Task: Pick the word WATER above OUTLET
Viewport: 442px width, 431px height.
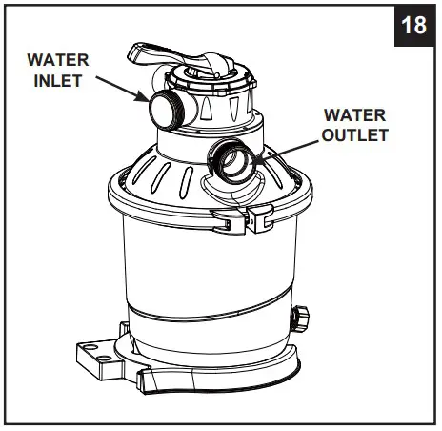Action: click(x=354, y=114)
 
